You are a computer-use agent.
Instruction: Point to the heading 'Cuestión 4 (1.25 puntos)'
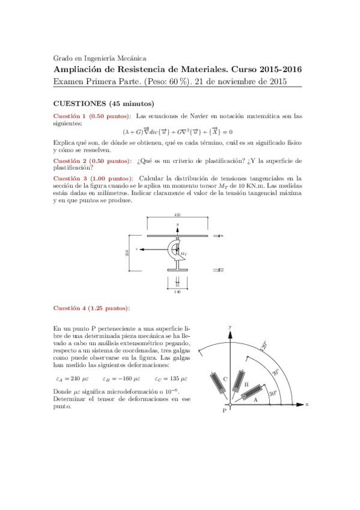point(91,308)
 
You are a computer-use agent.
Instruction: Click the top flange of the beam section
point(177,236)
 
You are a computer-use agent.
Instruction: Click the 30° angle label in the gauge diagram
point(272,394)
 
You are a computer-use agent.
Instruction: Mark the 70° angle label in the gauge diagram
point(275,372)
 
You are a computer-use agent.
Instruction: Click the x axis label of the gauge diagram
point(307,405)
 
